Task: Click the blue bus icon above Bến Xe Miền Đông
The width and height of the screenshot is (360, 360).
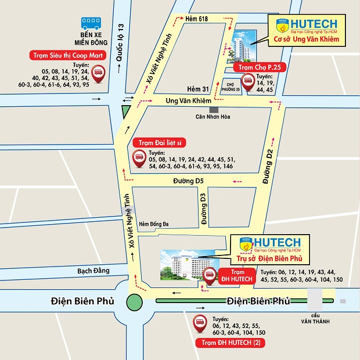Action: click(91, 24)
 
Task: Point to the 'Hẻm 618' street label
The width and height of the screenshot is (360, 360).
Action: click(197, 20)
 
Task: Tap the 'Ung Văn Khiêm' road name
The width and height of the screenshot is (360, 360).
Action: click(184, 101)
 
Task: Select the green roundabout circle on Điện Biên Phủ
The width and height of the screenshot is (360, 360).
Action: click(134, 301)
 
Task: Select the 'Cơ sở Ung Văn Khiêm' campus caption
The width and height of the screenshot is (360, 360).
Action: click(307, 40)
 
